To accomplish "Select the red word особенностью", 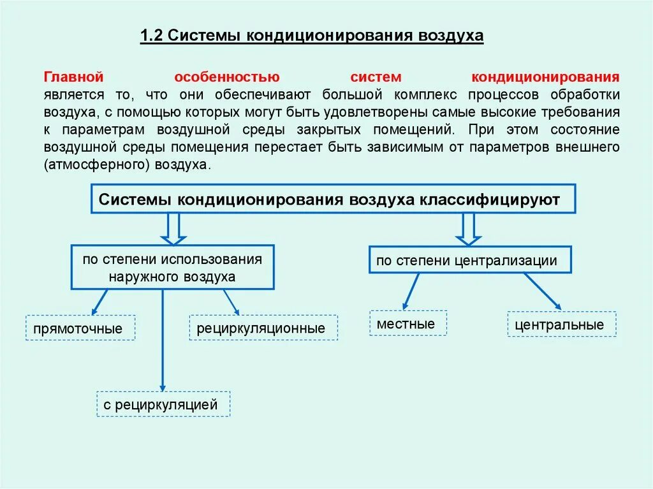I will coord(227,78).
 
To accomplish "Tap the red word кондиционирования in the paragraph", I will coord(545,78).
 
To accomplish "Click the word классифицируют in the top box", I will coord(489,200).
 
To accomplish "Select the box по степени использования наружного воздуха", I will coord(172,268).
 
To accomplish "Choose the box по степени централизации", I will coord(470,260).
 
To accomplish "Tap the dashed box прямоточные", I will coord(80,328).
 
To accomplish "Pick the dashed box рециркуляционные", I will coord(263,328).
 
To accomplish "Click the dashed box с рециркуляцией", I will coord(163,404).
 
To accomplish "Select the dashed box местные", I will coord(407,323).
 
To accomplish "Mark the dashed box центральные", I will coord(562,324).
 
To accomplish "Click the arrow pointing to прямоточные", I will coord(99,302).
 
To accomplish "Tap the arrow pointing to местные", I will coord(411,291).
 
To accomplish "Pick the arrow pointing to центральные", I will coord(543,292).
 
